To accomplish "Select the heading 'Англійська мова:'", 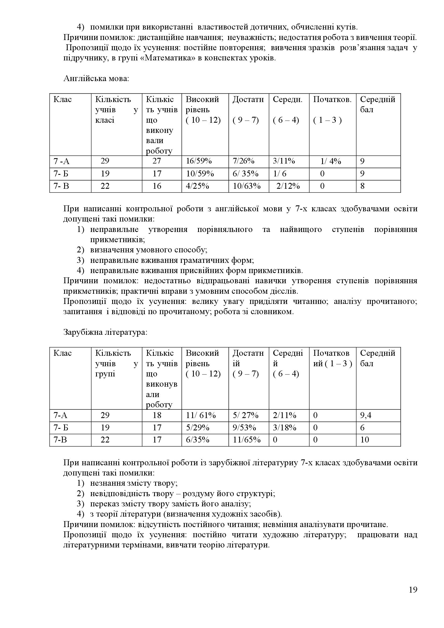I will tap(96, 79).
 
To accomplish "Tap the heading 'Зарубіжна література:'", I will tap(105, 332).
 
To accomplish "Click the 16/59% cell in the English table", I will tap(199, 161).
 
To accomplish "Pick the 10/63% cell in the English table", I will tap(247, 186).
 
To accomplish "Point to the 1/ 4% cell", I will tap(330, 161).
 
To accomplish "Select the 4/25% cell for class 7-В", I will tap(197, 186).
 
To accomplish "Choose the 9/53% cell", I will tap(244, 427).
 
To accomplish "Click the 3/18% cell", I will tap(284, 427).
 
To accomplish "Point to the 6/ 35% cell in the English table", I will tap(246, 174).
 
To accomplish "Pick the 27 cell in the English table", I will tap(157, 161).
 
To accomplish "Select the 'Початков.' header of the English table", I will tap(332, 99).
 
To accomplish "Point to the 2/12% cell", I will tap(288, 186).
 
